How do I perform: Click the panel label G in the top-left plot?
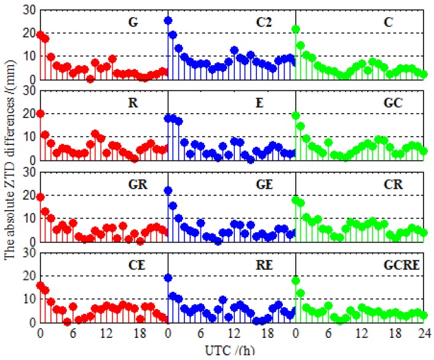pyautogui.click(x=132, y=23)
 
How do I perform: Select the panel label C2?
pyautogui.click(x=264, y=23)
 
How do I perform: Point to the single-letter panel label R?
pyautogui.click(x=132, y=103)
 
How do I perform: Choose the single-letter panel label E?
pyautogui.click(x=264, y=103)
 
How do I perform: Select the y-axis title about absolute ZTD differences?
pyautogui.click(x=10, y=172)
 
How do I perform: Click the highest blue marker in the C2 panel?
pyautogui.click(x=168, y=20)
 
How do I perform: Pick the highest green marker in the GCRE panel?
pyautogui.click(x=296, y=281)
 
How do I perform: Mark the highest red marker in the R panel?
pyautogui.click(x=40, y=114)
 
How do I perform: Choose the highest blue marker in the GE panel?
pyautogui.click(x=168, y=190)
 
